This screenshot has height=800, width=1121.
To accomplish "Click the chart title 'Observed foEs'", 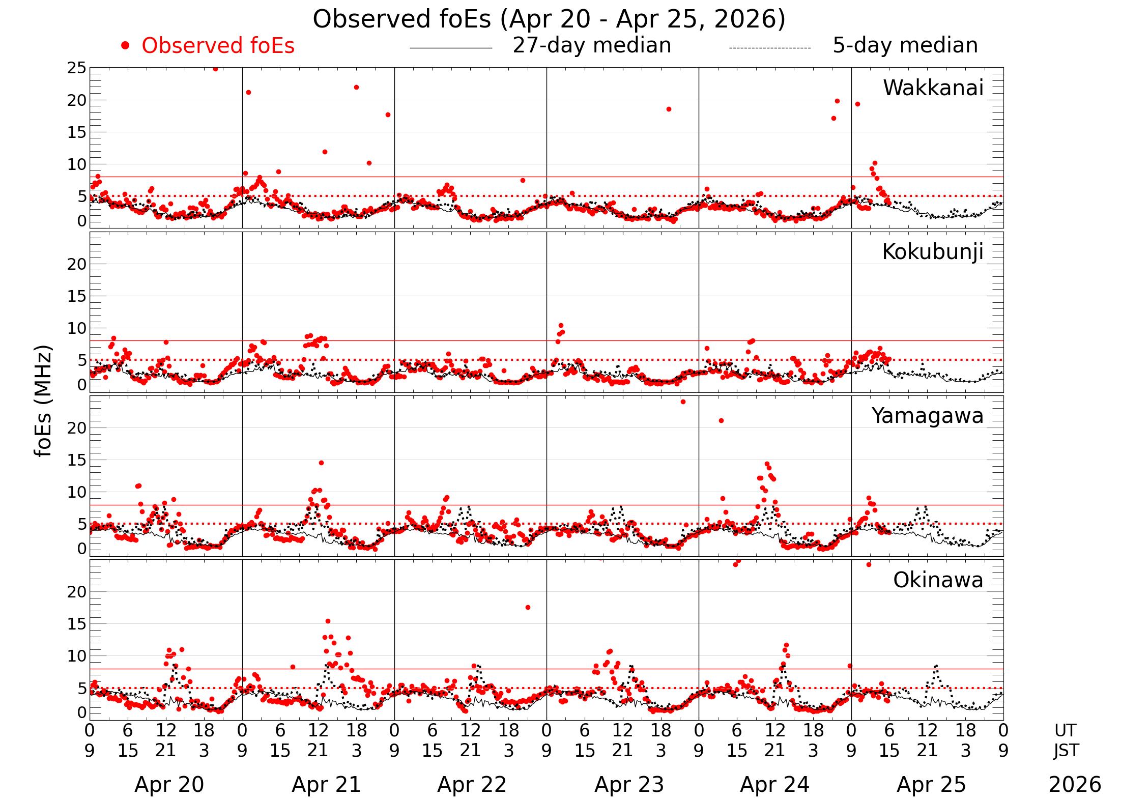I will click(549, 19).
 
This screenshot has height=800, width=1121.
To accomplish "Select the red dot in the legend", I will click(125, 46).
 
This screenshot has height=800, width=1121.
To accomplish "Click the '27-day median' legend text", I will click(591, 45).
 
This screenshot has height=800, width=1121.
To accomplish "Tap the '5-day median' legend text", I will click(905, 45).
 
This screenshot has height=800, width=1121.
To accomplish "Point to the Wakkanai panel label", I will click(933, 88).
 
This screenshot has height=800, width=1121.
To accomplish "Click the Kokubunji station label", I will click(932, 252).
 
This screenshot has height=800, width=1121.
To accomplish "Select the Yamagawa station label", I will click(927, 416).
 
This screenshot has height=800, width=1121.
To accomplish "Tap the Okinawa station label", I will click(938, 580).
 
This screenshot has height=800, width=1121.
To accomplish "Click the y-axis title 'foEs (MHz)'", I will click(44, 401).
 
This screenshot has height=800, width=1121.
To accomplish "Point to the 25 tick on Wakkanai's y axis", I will click(77, 68).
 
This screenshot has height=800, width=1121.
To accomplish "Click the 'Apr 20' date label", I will click(169, 785).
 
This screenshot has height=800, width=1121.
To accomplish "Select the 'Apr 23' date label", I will click(629, 785).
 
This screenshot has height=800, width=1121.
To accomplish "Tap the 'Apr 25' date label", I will click(931, 785).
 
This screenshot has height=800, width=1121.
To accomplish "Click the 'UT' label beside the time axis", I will click(1065, 730).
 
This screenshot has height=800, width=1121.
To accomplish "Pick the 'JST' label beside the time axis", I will click(1065, 751).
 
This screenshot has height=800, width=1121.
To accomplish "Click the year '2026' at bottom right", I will click(1075, 785).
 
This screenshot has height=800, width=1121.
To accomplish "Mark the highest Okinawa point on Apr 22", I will click(528, 607).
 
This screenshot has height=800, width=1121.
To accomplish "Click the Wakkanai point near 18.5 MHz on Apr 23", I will click(669, 109).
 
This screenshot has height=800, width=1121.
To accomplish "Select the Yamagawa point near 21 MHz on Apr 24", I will click(721, 420).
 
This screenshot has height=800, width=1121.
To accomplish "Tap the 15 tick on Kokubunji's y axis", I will click(77, 296).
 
